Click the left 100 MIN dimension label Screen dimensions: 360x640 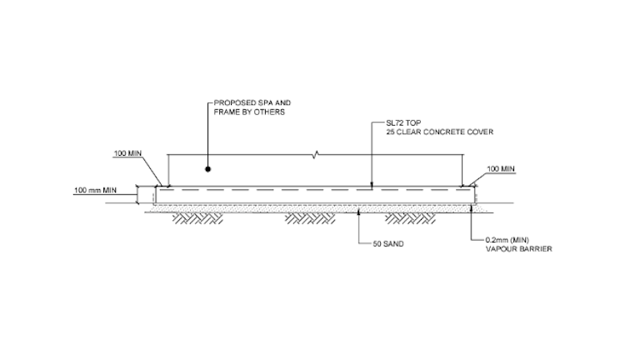coord(128,154)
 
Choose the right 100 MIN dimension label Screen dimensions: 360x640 coord(500,169)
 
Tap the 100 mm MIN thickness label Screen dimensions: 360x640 coord(93,191)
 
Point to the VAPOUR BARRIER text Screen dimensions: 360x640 coord(518,249)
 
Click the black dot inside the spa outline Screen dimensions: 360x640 coord(208,169)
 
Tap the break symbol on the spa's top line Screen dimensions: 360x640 coord(315,154)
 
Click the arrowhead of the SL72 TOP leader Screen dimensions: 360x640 coord(372,185)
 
